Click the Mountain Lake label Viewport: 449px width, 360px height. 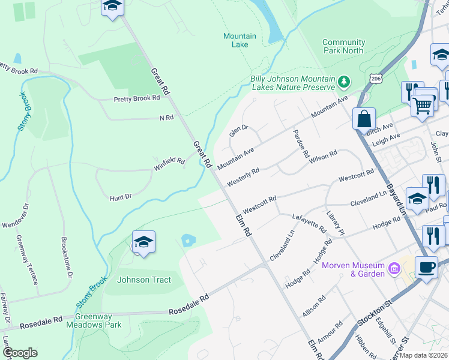[240, 40]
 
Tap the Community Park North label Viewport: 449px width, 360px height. [343, 46]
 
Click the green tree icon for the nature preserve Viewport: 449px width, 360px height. [344, 80]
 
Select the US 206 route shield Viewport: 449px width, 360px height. [376, 79]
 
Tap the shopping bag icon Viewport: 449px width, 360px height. [364, 118]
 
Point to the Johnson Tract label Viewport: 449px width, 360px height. [143, 280]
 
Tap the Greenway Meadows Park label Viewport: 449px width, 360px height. [98, 320]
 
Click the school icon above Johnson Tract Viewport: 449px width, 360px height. [143, 242]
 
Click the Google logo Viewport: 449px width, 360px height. [20, 353]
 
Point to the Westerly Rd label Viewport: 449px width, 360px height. [244, 176]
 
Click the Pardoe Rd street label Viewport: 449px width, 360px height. [300, 144]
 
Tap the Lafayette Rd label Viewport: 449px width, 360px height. [309, 223]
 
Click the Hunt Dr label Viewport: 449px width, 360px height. [120, 196]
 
